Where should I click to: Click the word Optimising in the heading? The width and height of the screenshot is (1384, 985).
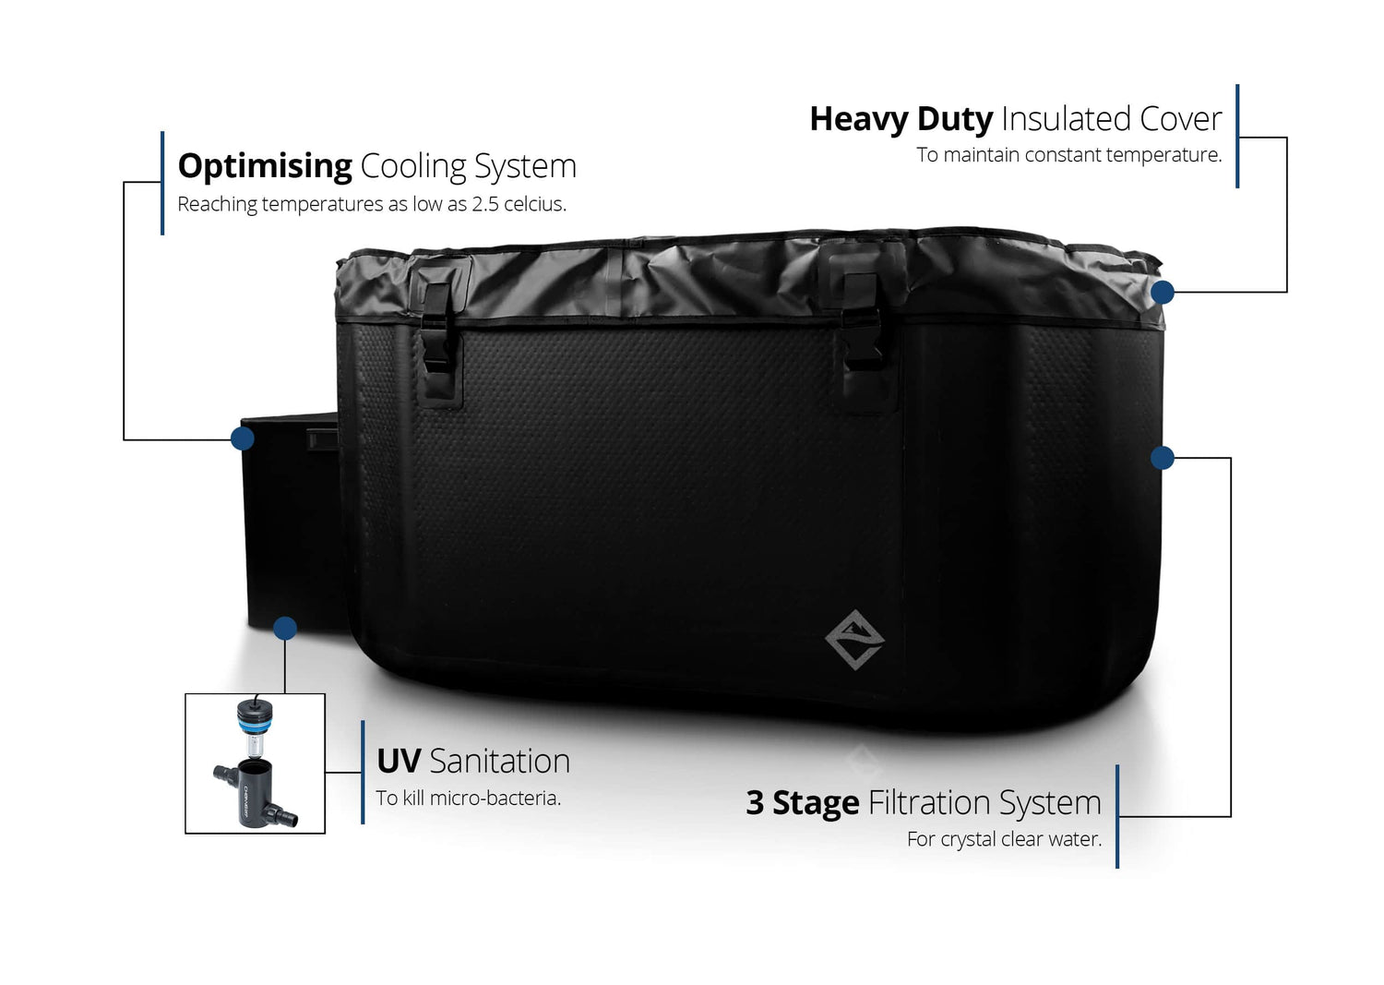pyautogui.click(x=265, y=166)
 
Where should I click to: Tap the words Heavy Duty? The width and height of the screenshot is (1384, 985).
pyautogui.click(x=901, y=119)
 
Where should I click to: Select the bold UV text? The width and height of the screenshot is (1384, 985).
pyautogui.click(x=399, y=762)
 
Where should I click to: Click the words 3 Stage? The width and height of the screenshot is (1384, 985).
pyautogui.click(x=802, y=803)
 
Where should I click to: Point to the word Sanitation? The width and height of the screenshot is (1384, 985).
pyautogui.click(x=500, y=762)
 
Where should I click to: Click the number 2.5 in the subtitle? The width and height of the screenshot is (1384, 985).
pyautogui.click(x=485, y=204)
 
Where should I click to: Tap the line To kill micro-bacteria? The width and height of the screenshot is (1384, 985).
pyautogui.click(x=468, y=799)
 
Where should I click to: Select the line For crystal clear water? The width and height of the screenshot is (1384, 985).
pyautogui.click(x=1004, y=839)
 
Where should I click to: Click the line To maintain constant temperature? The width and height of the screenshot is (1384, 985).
pyautogui.click(x=1068, y=155)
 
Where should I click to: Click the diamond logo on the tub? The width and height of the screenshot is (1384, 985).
pyautogui.click(x=854, y=639)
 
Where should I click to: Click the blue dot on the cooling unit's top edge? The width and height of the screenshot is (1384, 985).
pyautogui.click(x=243, y=438)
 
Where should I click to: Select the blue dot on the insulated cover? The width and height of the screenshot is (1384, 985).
pyautogui.click(x=1163, y=293)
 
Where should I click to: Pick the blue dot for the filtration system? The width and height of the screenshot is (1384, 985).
pyautogui.click(x=1163, y=457)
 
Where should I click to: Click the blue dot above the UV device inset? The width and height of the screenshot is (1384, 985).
pyautogui.click(x=285, y=629)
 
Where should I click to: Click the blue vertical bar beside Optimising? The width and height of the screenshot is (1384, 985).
pyautogui.click(x=162, y=183)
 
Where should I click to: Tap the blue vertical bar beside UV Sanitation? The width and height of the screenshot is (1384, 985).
pyautogui.click(x=363, y=772)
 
